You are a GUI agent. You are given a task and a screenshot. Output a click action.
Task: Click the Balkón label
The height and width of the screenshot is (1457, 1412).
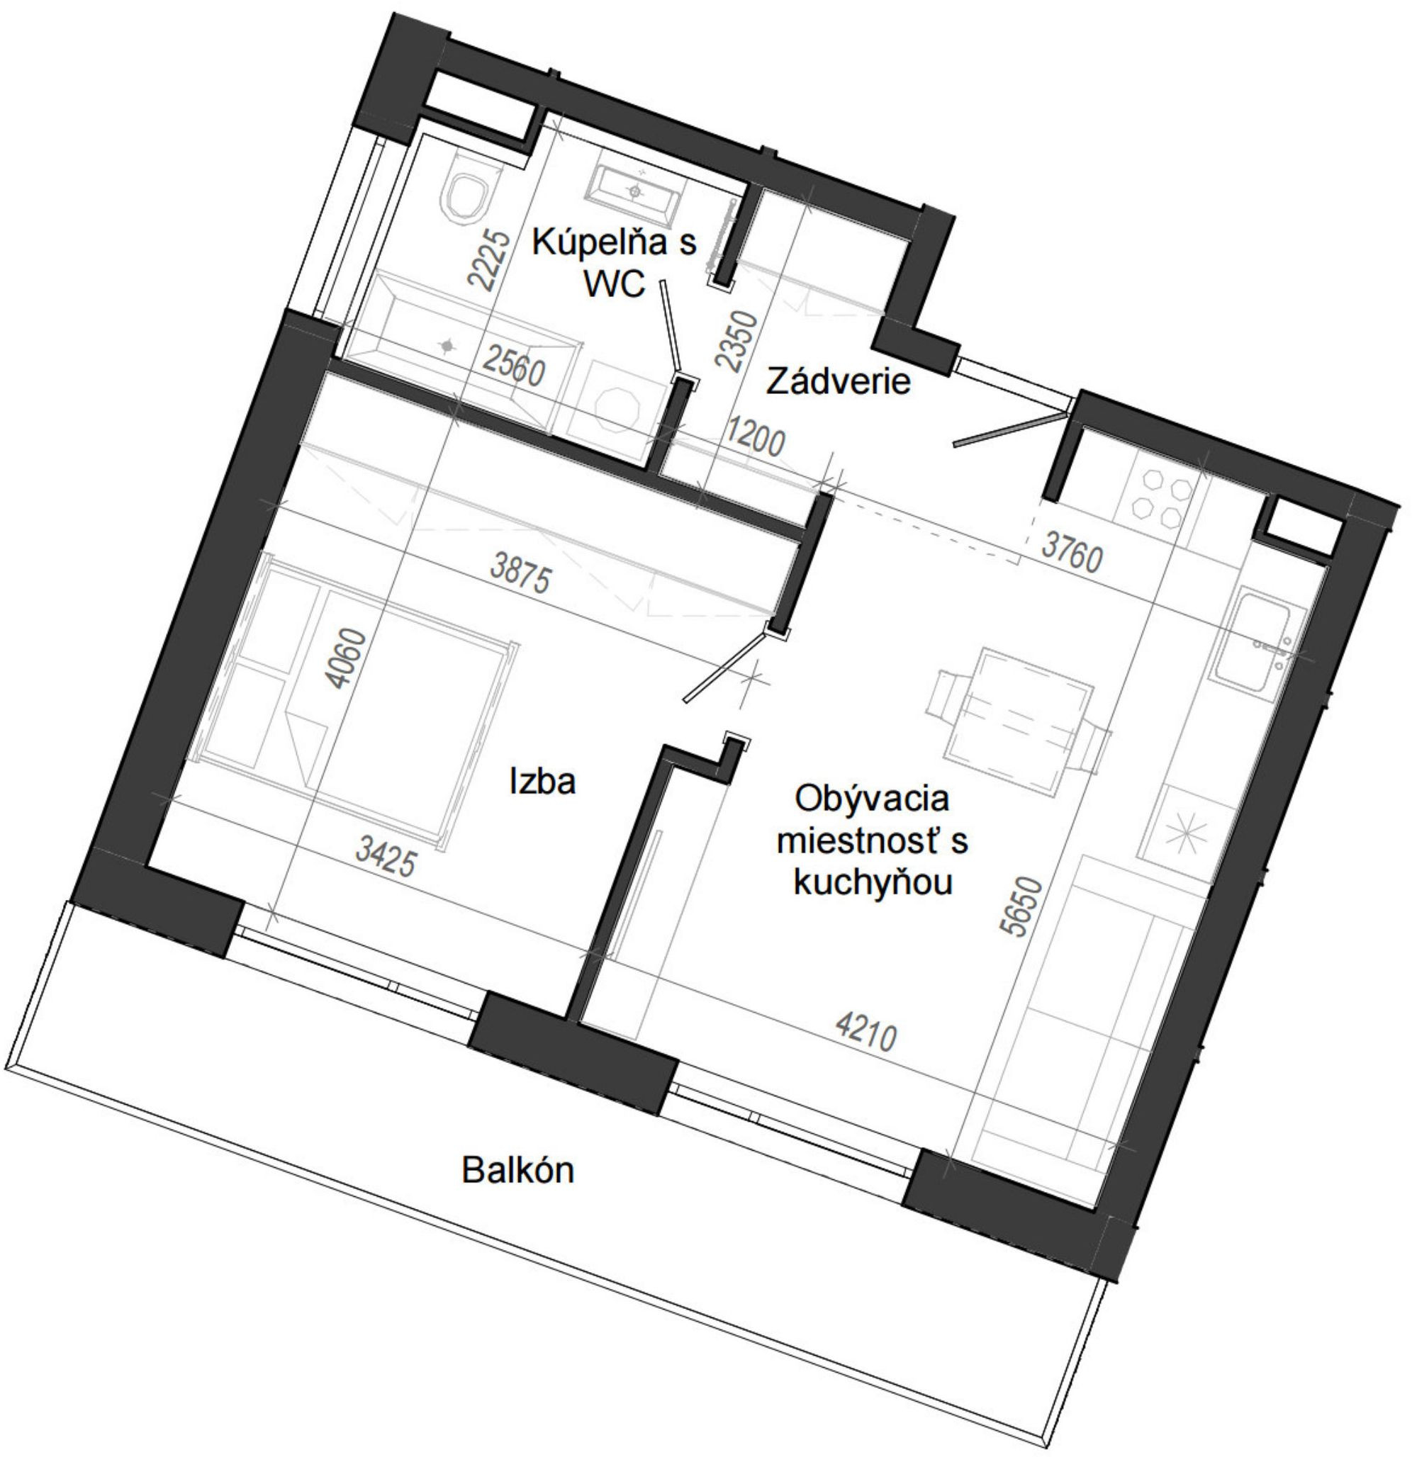(x=517, y=1170)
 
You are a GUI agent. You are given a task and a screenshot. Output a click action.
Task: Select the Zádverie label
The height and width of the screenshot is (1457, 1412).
(x=838, y=382)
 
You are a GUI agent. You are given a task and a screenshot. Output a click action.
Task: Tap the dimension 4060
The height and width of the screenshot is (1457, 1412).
(x=347, y=658)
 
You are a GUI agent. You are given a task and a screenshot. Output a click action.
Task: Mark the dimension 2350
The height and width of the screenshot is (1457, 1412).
(x=738, y=342)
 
